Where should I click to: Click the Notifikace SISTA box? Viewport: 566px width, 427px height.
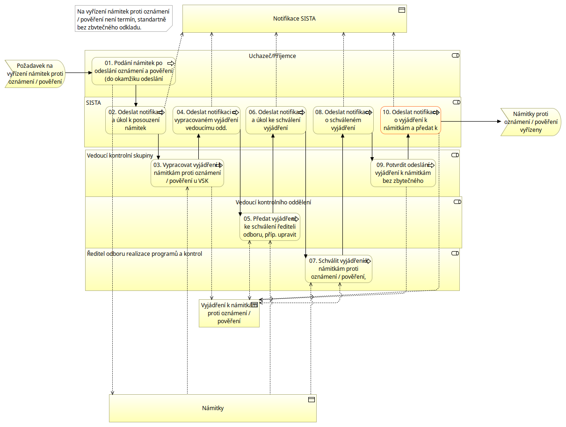[x=294, y=19]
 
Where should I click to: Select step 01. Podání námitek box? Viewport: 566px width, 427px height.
[x=134, y=71]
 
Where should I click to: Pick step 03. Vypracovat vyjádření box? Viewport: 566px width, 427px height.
[x=187, y=173]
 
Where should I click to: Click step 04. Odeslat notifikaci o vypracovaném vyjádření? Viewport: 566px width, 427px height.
[x=206, y=120]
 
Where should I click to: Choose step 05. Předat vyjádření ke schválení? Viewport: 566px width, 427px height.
[x=270, y=227]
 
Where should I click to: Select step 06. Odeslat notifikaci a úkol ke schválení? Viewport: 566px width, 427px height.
[x=276, y=120]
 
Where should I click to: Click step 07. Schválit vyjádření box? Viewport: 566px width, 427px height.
[x=338, y=269]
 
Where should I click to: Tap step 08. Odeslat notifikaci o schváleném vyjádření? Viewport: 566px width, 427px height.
[x=343, y=120]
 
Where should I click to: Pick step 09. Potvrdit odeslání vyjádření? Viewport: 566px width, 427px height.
[x=403, y=173]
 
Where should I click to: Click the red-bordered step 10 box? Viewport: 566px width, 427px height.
[x=411, y=120]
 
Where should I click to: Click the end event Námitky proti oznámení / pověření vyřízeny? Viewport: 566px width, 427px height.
[x=530, y=122]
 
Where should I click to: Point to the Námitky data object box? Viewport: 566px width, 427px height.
[x=213, y=408]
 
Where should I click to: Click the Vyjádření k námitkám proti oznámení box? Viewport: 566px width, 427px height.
[x=229, y=313]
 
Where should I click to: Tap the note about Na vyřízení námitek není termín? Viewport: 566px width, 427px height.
[x=123, y=19]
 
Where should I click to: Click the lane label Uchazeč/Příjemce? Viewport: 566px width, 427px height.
[x=272, y=56]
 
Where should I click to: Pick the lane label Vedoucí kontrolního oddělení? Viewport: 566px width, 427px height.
[x=273, y=203]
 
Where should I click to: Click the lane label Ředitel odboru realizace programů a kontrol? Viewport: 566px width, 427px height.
[x=145, y=254]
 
